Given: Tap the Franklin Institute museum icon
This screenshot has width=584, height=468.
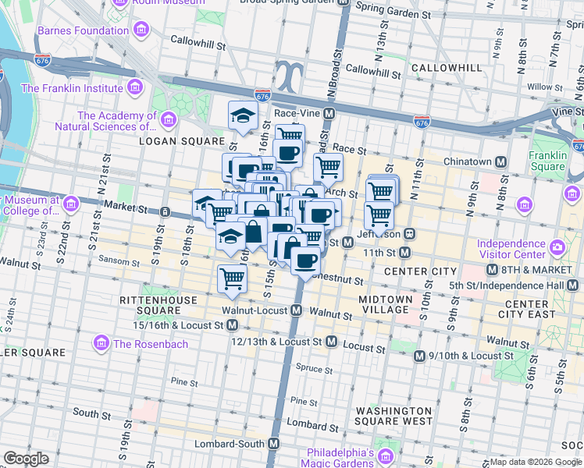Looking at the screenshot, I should pyautogui.click(x=135, y=87).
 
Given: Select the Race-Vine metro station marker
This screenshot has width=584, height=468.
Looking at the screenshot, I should pyautogui.click(x=329, y=113).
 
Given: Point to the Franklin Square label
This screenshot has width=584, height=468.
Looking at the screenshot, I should pyautogui.click(x=547, y=161).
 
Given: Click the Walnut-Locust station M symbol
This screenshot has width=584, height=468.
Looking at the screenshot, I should pyautogui.click(x=297, y=310).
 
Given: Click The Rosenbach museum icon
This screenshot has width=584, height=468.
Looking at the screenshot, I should pyautogui.click(x=101, y=343).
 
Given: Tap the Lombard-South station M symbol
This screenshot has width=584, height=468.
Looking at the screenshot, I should pyautogui.click(x=274, y=443).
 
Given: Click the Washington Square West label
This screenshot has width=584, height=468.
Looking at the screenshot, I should pyautogui.click(x=394, y=416).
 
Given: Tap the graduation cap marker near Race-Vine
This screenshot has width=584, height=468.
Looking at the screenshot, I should pyautogui.click(x=243, y=116).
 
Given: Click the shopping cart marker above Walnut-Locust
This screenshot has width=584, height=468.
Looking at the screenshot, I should pyautogui.click(x=233, y=278).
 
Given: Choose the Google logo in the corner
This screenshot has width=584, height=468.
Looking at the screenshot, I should pyautogui.click(x=27, y=459).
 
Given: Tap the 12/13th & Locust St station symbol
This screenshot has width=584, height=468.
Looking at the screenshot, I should pyautogui.click(x=331, y=342).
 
